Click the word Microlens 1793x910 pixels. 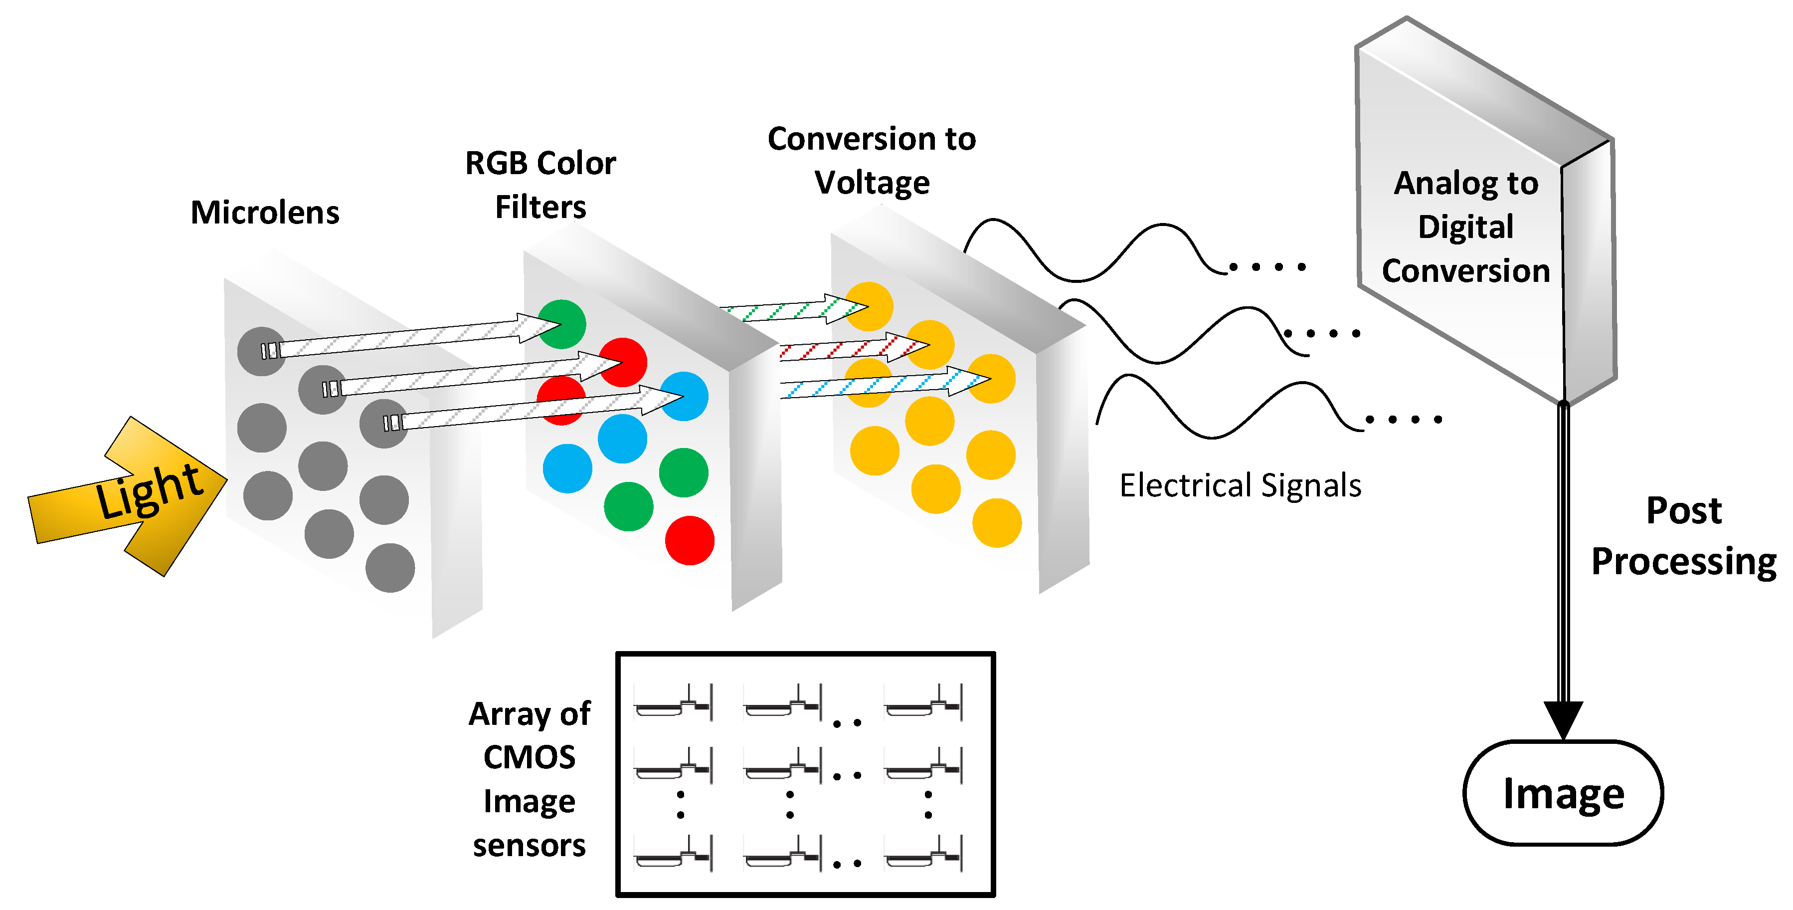(x=264, y=213)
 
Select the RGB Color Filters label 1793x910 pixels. (x=540, y=185)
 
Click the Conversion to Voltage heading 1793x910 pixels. (x=872, y=160)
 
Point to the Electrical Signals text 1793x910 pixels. (x=1240, y=485)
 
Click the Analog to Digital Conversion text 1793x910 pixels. (x=1465, y=227)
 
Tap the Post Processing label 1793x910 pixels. (x=1683, y=536)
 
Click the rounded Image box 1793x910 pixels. (x=1563, y=793)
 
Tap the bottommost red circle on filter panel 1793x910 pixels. (x=689, y=540)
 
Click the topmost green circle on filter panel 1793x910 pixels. (x=562, y=324)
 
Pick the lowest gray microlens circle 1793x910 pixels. (x=390, y=568)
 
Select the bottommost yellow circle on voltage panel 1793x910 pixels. (x=996, y=523)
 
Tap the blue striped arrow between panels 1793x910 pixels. (x=884, y=385)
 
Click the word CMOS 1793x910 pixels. (x=529, y=757)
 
